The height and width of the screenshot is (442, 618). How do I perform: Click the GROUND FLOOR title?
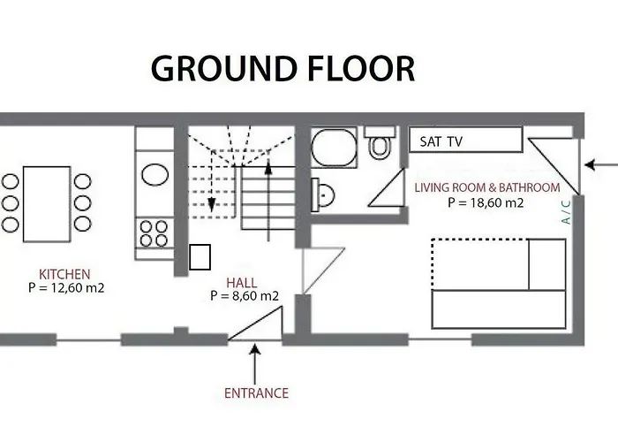[x=283, y=68]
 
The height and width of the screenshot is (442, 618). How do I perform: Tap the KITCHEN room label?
[x=64, y=274]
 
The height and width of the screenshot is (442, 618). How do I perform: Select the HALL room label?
[x=242, y=282]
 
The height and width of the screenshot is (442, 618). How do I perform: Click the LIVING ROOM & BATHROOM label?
[x=487, y=187]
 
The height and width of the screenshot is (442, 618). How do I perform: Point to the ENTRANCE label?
[x=256, y=392]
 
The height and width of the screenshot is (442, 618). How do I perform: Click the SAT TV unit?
[x=465, y=141]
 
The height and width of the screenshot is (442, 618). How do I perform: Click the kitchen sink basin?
[x=154, y=174]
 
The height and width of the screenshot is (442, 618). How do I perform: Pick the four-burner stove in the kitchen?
[x=154, y=233]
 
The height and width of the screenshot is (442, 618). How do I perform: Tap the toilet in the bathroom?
[x=381, y=143]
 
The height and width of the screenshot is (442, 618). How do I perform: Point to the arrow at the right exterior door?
[x=602, y=165]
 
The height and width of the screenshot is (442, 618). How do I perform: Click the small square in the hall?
[x=200, y=256]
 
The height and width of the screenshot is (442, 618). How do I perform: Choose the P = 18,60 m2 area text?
[x=486, y=202]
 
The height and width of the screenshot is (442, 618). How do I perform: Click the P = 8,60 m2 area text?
[x=245, y=295]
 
